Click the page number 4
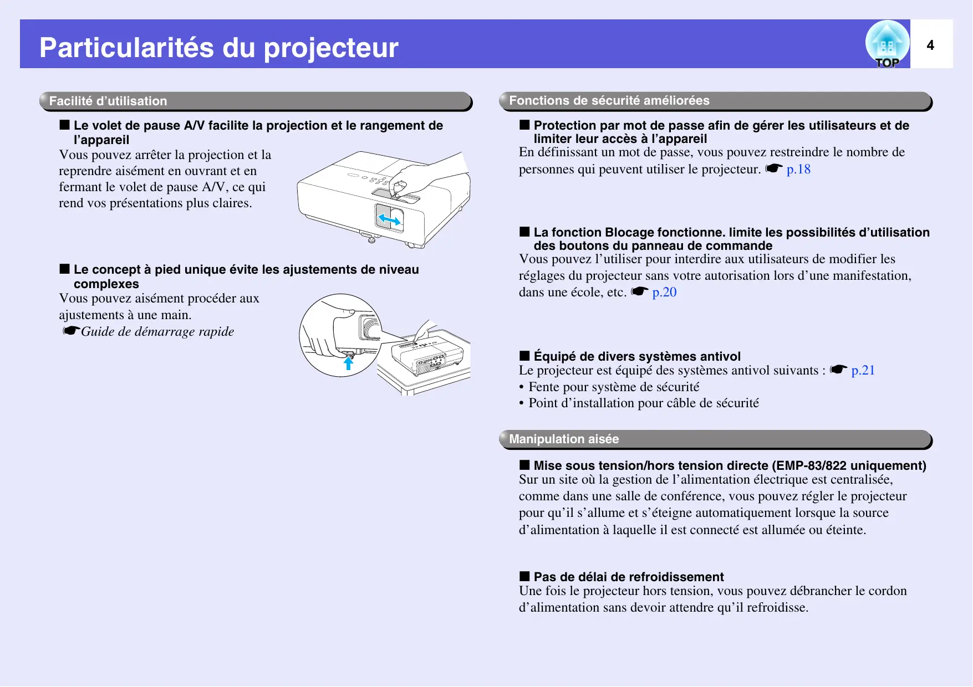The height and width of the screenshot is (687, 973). tap(930, 45)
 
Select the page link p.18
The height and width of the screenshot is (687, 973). tap(798, 169)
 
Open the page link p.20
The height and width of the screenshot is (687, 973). tap(664, 292)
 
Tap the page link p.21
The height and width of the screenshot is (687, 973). tap(863, 370)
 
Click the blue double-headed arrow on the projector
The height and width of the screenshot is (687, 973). tap(389, 220)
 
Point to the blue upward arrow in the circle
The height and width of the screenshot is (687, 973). tap(348, 363)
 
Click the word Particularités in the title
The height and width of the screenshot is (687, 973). tap(127, 48)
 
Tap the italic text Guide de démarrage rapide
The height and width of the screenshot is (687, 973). tap(157, 331)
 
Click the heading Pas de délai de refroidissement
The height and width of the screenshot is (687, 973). tap(629, 577)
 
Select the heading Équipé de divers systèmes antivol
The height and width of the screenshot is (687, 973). tap(637, 356)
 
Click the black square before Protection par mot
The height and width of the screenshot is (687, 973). tap(524, 125)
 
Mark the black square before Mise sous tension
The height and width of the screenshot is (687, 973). tap(524, 465)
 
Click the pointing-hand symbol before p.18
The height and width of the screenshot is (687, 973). tap(774, 168)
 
